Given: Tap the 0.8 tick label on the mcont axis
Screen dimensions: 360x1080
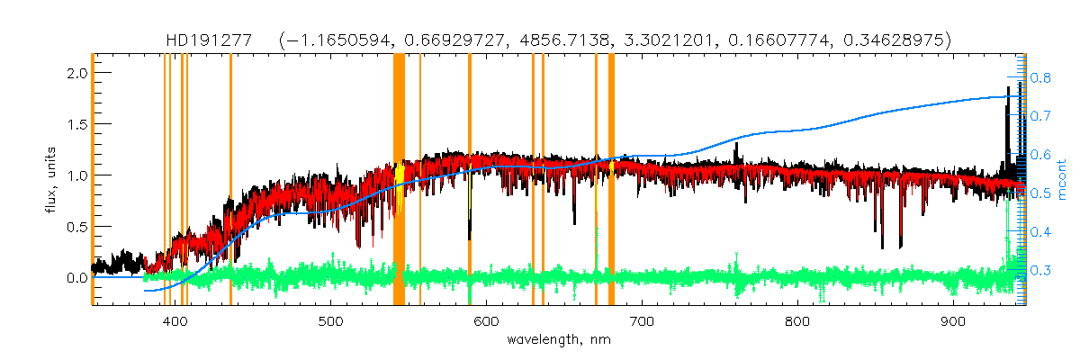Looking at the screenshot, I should pos(1041,78).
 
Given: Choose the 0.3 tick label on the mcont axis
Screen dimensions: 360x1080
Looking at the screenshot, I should pos(1041,270).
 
